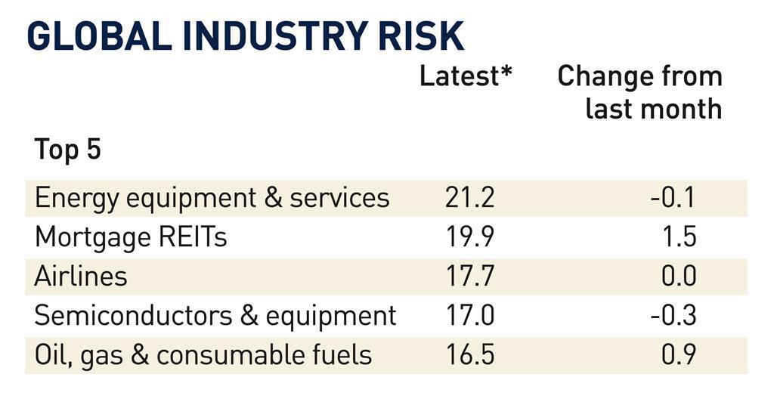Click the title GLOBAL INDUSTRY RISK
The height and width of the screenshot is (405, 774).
[x=245, y=36]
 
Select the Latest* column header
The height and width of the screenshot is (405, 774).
[x=466, y=76]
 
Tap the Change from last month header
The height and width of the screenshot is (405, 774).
[x=639, y=92]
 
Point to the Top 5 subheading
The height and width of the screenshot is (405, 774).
[x=67, y=150]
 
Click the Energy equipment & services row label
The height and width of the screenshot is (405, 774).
[x=212, y=198]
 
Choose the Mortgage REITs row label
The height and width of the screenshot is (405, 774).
[x=131, y=237]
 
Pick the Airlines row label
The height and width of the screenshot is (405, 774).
[x=81, y=277]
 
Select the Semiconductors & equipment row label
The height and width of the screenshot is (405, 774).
[x=215, y=315]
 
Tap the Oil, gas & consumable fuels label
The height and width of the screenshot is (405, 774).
[x=203, y=354]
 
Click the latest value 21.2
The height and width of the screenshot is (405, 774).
[x=469, y=198]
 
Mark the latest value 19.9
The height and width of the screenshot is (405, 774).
[x=469, y=237]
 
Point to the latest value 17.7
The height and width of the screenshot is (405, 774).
[x=469, y=277]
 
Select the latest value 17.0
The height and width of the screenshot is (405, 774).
[x=469, y=315]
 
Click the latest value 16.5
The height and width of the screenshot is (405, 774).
[x=469, y=354]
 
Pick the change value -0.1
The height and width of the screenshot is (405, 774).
[x=673, y=198]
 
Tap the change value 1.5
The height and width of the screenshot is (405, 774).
[x=677, y=237]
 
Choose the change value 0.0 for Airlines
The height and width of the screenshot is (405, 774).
[x=678, y=277]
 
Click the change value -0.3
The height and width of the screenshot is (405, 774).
[x=673, y=315]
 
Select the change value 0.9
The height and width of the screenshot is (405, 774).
[x=678, y=354]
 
